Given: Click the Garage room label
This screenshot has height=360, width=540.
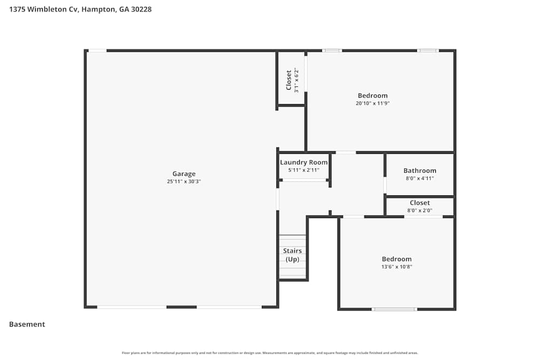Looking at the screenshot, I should (184, 174).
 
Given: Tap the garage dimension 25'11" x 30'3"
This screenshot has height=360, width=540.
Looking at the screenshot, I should (184, 182).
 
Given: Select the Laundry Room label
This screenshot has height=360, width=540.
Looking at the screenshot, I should (303, 162).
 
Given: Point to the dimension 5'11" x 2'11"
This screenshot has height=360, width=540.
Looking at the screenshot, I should (303, 170).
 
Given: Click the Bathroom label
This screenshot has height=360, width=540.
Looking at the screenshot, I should (420, 171).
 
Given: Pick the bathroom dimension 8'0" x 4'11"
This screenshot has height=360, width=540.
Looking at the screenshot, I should (420, 178).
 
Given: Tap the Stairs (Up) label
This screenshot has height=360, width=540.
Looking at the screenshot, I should (292, 255).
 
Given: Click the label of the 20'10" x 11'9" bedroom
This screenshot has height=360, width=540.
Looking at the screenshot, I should (373, 96).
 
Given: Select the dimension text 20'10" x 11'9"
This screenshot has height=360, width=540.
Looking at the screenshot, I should (373, 103).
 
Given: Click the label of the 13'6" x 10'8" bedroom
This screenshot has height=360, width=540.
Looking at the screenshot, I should (396, 259).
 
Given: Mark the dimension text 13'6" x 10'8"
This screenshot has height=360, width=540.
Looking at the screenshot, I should (396, 267).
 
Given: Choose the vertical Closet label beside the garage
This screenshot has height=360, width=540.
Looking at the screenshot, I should (289, 80).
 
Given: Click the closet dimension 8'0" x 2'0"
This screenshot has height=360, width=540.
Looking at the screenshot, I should (420, 210).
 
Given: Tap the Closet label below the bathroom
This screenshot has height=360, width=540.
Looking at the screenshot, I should (420, 203).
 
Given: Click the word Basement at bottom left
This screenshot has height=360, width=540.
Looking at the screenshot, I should (27, 324).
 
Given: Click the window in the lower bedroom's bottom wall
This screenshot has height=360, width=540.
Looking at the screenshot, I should (394, 309).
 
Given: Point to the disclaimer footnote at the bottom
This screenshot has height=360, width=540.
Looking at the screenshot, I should (270, 353).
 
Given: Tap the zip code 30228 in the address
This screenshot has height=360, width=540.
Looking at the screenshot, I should (140, 9).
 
